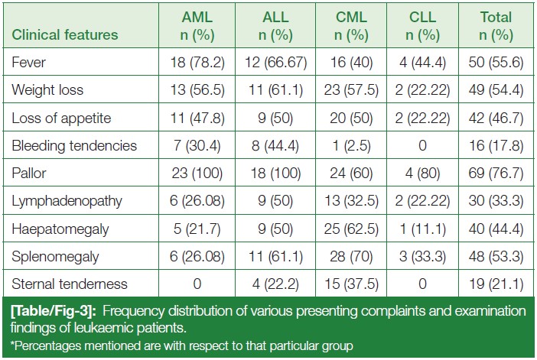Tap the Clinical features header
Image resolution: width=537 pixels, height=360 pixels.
(x=65, y=34)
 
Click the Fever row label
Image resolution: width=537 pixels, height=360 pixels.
(x=28, y=62)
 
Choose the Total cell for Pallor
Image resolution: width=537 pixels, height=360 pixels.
(x=496, y=173)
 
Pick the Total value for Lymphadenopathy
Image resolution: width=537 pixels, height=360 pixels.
(x=496, y=201)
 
